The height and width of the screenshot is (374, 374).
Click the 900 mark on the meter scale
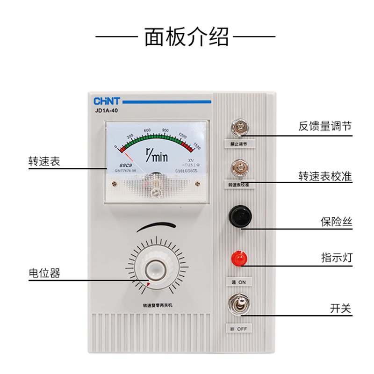coord(165,130)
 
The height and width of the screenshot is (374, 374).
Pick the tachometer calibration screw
coord(239,167)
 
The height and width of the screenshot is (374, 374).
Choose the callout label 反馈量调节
coord(325,126)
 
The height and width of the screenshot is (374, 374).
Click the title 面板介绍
coord(187,37)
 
